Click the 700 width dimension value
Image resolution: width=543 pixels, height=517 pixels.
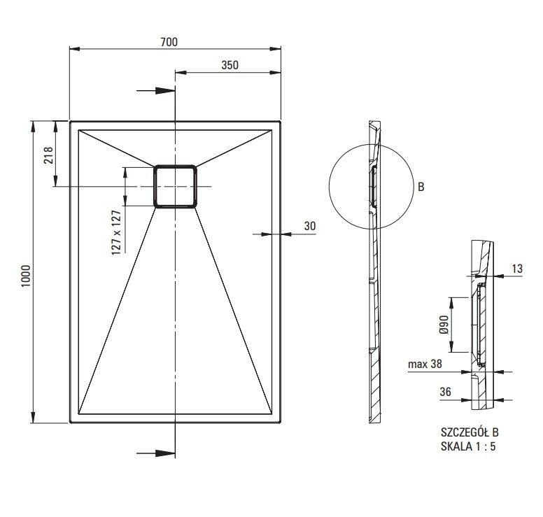coord(169,42)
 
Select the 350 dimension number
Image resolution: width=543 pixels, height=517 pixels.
coord(230,65)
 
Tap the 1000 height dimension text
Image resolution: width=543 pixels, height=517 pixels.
coord(26,276)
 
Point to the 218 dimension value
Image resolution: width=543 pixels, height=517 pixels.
coord(48,155)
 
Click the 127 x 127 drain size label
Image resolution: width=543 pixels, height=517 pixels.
coord(116,233)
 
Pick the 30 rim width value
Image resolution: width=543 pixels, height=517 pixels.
coord(310,226)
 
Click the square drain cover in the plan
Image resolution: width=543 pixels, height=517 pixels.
coord(175,186)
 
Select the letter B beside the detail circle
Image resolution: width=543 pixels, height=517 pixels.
coord(421,187)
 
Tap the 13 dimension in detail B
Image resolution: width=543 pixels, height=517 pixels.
coord(517,269)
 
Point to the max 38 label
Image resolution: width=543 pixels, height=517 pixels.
coord(425,364)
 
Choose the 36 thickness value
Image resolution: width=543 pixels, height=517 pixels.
coord(445,392)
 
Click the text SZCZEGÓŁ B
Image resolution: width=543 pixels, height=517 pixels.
coord(470,432)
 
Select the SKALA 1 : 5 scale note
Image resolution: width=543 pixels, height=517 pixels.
coord(468,446)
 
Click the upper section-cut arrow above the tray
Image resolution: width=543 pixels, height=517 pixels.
coord(156,91)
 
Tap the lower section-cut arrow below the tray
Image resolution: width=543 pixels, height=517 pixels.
coord(156,453)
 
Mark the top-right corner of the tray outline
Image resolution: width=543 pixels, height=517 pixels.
coord(280,122)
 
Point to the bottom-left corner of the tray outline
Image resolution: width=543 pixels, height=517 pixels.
coord(70,423)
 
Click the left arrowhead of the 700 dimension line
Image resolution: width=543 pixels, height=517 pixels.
coord(75,49)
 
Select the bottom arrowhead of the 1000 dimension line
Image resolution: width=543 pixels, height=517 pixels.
coord(33,418)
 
